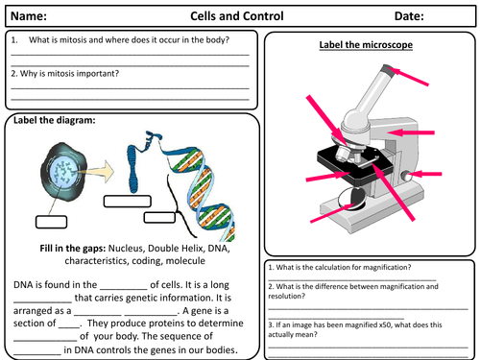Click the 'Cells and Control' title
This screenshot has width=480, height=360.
click(237, 16)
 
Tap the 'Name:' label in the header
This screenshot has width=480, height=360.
click(29, 16)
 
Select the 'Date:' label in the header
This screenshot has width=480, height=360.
click(409, 16)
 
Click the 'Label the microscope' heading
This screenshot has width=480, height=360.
click(366, 45)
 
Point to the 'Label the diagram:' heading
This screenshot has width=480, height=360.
click(55, 120)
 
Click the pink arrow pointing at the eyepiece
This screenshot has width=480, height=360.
click(409, 77)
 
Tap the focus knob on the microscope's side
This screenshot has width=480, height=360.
click(406, 177)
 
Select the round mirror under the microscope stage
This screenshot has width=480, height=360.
click(352, 199)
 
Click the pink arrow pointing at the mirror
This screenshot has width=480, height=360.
click(332, 213)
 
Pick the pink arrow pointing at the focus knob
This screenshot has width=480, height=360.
click(425, 174)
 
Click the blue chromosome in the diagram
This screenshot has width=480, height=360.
click(133, 168)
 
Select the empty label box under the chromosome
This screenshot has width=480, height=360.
click(128, 202)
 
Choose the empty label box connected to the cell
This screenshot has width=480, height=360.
click(51, 222)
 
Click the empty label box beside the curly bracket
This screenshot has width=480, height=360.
click(159, 218)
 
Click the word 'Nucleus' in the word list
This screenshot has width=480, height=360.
click(126, 249)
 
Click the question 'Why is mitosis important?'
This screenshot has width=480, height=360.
click(65, 74)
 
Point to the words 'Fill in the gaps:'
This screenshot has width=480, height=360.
click(73, 249)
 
